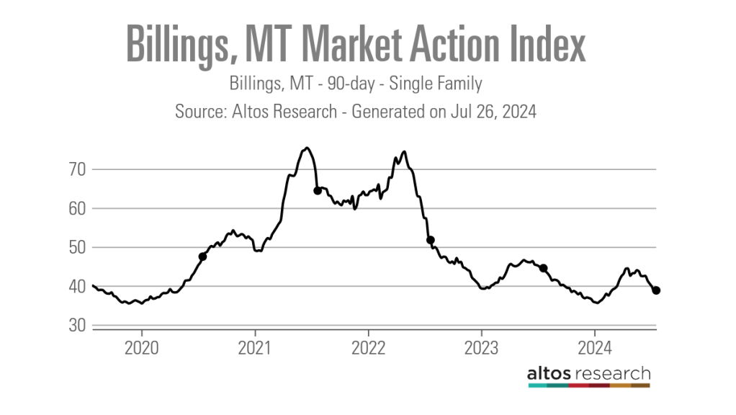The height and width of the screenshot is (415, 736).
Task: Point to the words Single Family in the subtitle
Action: pos(436,84)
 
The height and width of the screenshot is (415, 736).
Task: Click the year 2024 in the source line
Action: pos(521,113)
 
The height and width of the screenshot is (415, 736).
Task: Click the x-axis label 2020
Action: pos(141,349)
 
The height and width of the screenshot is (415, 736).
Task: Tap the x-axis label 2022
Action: pos(368,349)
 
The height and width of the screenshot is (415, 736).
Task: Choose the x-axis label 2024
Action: pos(595,349)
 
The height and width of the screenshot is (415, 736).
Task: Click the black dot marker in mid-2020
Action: pos(202,256)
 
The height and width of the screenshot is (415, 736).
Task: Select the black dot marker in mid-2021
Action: pos(318,191)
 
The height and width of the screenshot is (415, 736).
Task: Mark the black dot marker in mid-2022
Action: pos(431,240)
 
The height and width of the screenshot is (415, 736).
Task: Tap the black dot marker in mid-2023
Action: pos(544,268)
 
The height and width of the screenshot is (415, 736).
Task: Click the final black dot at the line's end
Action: pos(657,290)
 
